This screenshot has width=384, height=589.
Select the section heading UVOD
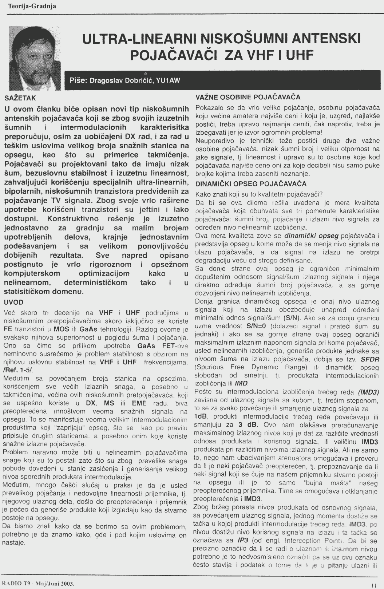pyautogui.click(x=13, y=302)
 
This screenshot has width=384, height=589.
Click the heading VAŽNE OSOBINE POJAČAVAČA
pyautogui.click(x=248, y=97)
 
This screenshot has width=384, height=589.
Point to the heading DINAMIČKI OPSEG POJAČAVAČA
pyautogui.click(x=251, y=184)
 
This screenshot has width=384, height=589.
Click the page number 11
pyautogui.click(x=374, y=585)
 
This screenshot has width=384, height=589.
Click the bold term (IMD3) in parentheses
pyautogui.click(x=368, y=392)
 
